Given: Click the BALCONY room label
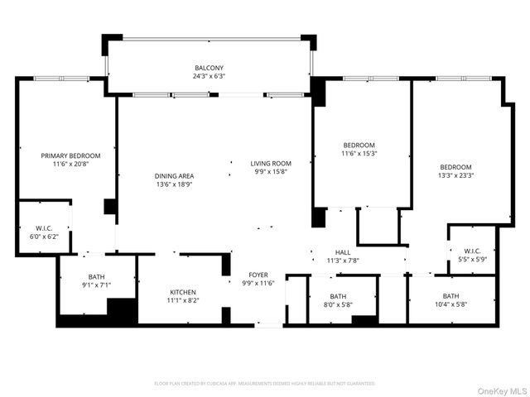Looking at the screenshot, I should click(209, 68).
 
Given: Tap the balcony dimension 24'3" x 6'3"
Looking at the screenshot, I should click(209, 76).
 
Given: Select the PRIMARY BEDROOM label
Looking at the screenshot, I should click(71, 155).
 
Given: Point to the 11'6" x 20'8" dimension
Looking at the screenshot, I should click(71, 164).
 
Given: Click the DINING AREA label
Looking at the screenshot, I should click(174, 175).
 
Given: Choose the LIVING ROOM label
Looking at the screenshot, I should click(271, 163).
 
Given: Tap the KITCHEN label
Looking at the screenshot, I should click(183, 292).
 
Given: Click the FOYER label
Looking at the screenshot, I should click(258, 275).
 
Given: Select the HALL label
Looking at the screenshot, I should click(343, 252).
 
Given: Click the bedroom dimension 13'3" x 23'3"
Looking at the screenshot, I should click(455, 175).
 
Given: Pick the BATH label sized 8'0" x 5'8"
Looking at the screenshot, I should click(338, 296).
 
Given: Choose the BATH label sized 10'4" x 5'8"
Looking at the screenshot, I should click(450, 296).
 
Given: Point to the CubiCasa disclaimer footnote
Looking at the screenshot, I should click(265, 383).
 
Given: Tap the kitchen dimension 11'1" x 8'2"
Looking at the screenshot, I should click(183, 300).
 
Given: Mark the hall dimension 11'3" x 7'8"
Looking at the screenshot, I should click(343, 261).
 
